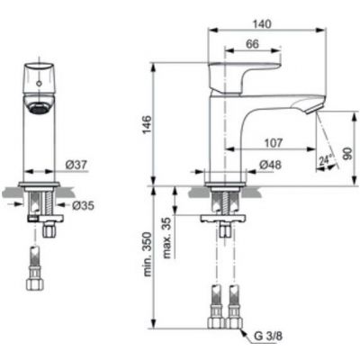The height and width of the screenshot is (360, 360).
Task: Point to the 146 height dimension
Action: click(x=146, y=123)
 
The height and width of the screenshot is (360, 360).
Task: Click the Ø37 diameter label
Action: click(x=76, y=164)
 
